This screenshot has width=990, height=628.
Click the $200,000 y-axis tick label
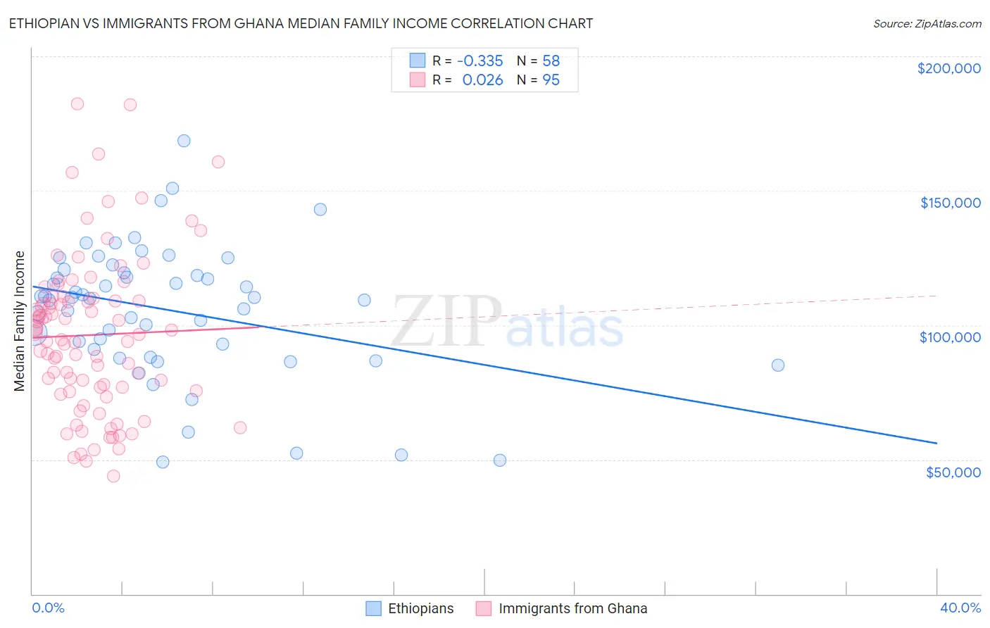pyautogui.click(x=948, y=68)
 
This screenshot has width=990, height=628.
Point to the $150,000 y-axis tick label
pyautogui.click(x=950, y=203)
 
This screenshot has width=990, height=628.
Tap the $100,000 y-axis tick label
pyautogui.click(x=950, y=337)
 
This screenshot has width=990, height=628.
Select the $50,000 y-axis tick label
pyautogui.click(x=953, y=472)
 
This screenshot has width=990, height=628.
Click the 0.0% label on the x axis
pyautogui.click(x=48, y=608)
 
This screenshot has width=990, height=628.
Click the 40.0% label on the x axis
pyautogui.click(x=960, y=608)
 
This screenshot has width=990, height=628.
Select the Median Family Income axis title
pyautogui.click(x=20, y=321)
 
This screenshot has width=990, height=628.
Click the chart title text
pyautogui.click(x=301, y=23)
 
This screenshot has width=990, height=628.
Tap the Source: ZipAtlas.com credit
pyautogui.click(x=927, y=23)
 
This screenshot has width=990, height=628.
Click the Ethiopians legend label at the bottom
pyautogui.click(x=420, y=608)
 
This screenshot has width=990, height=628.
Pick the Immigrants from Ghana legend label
pyautogui.click(x=572, y=608)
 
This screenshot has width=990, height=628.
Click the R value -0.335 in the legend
pyautogui.click(x=480, y=61)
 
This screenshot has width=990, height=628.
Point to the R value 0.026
pyautogui.click(x=482, y=80)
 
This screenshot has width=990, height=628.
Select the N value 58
pyautogui.click(x=551, y=61)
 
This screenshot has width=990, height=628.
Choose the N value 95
pyautogui.click(x=551, y=80)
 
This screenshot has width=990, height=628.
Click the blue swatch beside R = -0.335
pyautogui.click(x=418, y=61)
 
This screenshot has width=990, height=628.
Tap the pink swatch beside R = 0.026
pyautogui.click(x=418, y=80)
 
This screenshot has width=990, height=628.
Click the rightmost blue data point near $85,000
pyautogui.click(x=777, y=365)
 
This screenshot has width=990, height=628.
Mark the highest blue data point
pyautogui.click(x=184, y=141)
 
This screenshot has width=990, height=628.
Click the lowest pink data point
pyautogui.click(x=113, y=476)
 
